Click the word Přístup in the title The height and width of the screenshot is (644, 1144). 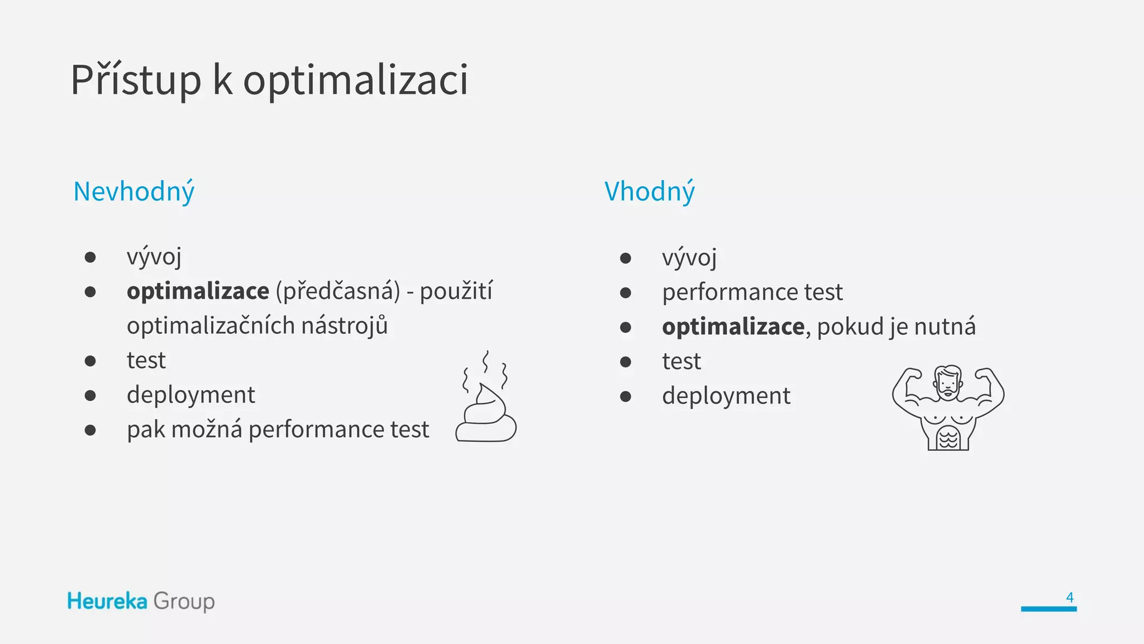click(x=136, y=80)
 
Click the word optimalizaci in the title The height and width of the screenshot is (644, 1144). click(x=355, y=80)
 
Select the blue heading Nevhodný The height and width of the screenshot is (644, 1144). click(x=134, y=192)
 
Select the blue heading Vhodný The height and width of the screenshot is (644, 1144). click(x=650, y=192)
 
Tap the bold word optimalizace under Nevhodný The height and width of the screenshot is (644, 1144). click(x=198, y=291)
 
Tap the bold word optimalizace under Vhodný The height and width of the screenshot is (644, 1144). click(x=733, y=326)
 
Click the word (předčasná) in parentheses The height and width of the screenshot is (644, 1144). click(x=338, y=291)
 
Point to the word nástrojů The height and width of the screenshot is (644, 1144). click(x=344, y=326)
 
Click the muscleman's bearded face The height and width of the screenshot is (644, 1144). click(x=948, y=383)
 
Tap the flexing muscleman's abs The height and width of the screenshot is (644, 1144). click(x=948, y=437)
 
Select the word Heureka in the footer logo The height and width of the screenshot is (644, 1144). click(x=107, y=602)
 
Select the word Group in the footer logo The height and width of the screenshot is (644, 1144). click(x=184, y=602)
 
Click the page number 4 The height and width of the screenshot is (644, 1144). click(x=1069, y=597)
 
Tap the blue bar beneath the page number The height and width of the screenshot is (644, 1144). click(x=1048, y=609)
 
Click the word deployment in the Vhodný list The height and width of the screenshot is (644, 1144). click(x=726, y=396)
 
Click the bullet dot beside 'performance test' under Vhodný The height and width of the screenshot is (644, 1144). click(x=626, y=292)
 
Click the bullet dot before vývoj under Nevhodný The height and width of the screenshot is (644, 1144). click(x=90, y=257)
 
